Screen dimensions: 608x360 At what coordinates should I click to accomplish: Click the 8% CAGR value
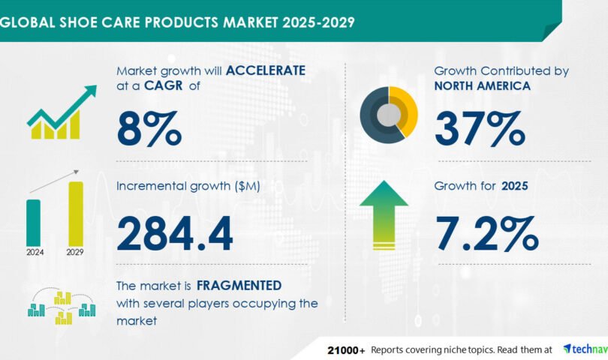pos(149,128)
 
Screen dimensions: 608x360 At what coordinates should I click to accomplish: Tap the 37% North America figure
pos(480,128)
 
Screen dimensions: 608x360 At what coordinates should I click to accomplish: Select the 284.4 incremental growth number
pos(175,234)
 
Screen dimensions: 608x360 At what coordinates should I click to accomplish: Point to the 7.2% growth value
pos(487,234)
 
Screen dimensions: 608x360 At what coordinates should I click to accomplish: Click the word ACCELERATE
pos(266,70)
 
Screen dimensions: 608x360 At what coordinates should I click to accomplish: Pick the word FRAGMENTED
pos(239,286)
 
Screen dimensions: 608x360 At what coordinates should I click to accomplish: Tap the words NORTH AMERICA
pos(483,85)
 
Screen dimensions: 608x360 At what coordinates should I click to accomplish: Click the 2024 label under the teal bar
pos(35,252)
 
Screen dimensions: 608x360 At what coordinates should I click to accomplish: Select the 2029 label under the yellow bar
pos(75,252)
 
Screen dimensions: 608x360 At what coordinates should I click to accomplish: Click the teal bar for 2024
pos(33,223)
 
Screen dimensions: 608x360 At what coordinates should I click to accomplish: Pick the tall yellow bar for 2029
pos(76,214)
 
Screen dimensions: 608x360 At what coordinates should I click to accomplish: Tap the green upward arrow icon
pos(384,215)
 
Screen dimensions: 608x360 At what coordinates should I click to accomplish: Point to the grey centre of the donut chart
pos(389,115)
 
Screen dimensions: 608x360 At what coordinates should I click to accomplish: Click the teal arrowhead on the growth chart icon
pos(91,91)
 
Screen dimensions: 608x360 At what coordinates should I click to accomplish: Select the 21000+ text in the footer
pos(346,350)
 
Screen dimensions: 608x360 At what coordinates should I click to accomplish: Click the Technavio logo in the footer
pos(585,349)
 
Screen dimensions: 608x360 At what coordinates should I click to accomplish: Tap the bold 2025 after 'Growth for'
pos(515,186)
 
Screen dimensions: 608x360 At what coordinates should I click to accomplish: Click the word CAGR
pos(163,85)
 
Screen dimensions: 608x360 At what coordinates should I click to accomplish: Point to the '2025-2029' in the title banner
pos(318,22)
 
